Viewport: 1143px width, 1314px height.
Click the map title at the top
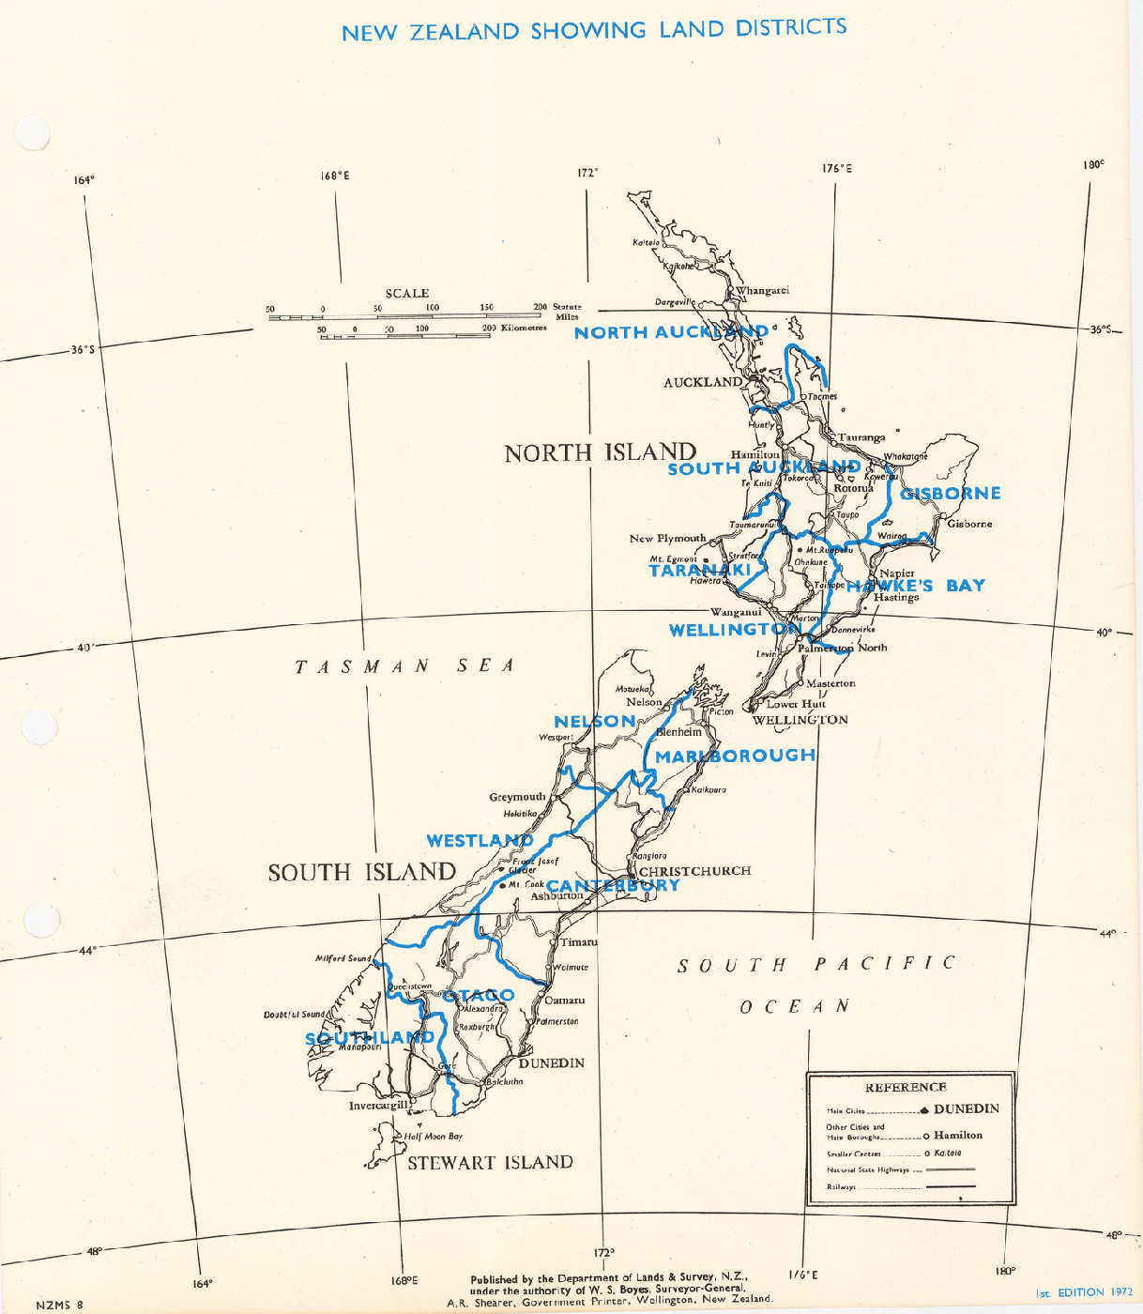pos(594,30)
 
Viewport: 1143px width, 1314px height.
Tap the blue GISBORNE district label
pos(951,494)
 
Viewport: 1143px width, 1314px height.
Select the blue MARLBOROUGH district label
pos(735,756)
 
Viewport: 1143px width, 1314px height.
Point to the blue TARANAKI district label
pos(699,571)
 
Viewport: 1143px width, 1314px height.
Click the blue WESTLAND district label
pos(480,841)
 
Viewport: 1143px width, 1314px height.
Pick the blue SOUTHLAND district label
pos(370,1038)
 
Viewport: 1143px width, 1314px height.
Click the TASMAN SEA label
pos(405,666)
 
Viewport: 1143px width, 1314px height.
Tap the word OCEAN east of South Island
pos(795,1007)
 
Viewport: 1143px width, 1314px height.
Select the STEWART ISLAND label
pos(490,1163)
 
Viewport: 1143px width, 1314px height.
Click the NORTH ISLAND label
pos(601,453)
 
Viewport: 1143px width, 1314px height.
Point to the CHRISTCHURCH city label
pos(695,871)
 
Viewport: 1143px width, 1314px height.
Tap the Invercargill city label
pos(378,1106)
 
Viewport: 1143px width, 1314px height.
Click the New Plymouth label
pos(667,539)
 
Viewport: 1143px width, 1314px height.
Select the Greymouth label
pos(517,797)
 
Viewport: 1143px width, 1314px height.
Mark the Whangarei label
pos(763,291)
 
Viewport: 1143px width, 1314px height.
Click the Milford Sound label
pos(343,958)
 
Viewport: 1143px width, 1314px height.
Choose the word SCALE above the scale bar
pos(407,294)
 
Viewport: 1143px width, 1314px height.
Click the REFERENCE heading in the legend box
pos(906,1088)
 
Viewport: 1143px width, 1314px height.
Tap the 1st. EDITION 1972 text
pos(1084,1292)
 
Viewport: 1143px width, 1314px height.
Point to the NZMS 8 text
pos(60,1305)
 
